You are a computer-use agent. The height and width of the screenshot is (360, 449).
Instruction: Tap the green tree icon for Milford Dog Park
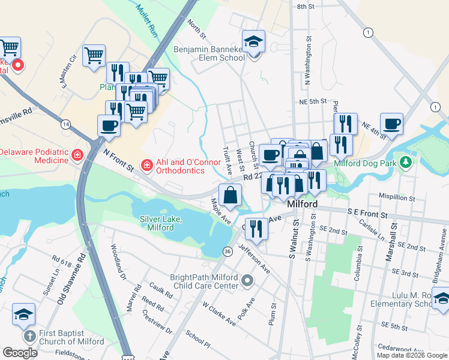click(x=406, y=163)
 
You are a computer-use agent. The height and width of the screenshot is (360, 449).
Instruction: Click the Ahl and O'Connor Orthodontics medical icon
click(x=146, y=164)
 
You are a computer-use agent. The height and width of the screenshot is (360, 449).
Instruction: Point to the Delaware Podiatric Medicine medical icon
click(x=77, y=157)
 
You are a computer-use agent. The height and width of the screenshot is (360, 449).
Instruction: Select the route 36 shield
click(x=228, y=251)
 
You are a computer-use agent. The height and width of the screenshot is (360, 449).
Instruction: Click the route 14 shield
click(x=64, y=124)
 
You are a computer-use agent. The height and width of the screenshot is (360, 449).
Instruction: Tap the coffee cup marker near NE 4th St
click(x=391, y=124)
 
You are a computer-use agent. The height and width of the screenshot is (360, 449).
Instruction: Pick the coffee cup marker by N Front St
click(x=109, y=126)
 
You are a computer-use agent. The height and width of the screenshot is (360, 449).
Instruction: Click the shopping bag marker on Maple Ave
click(x=231, y=195)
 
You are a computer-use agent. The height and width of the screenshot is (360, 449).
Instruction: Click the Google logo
click(x=20, y=353)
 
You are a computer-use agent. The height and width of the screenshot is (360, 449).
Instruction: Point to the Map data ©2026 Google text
click(x=412, y=355)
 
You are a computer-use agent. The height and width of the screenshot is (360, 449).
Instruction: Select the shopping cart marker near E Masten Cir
click(x=94, y=56)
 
